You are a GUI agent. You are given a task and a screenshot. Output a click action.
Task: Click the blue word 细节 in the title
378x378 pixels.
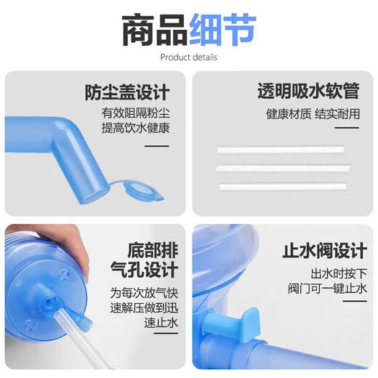[x=222, y=29]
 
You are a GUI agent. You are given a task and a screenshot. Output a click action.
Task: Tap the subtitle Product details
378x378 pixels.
[x=188, y=57]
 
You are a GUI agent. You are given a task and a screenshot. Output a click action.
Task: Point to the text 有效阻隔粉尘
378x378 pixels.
[x=135, y=114]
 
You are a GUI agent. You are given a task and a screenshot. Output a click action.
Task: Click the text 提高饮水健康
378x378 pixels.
[x=135, y=129]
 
